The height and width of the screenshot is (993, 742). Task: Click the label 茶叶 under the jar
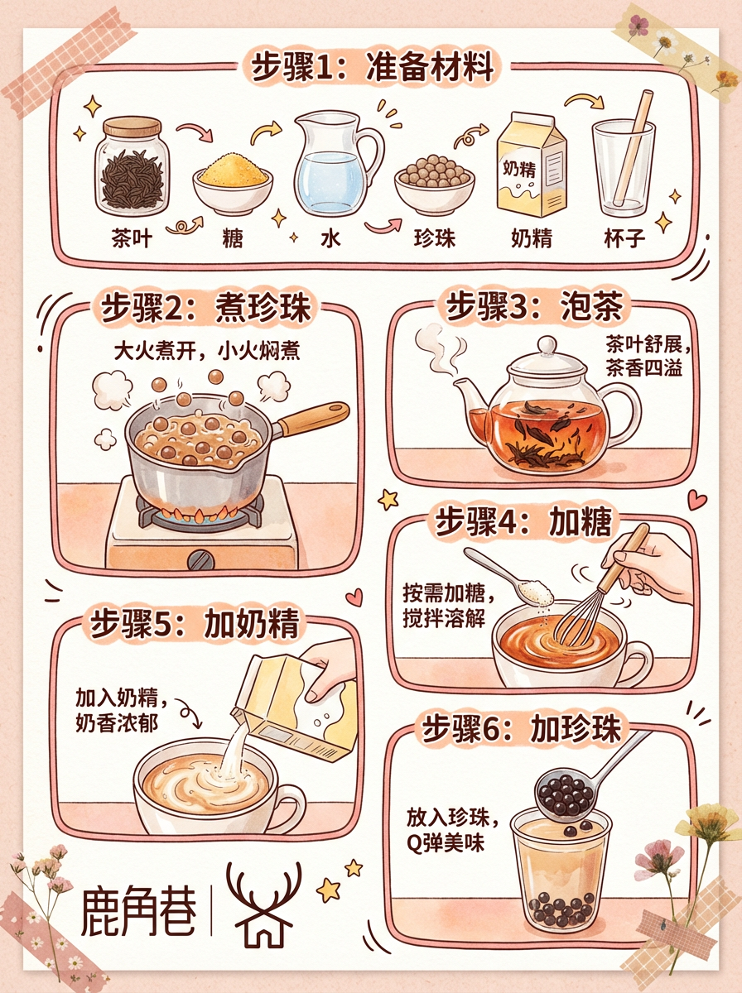coord(132,238)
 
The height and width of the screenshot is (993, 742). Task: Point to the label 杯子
coord(624,238)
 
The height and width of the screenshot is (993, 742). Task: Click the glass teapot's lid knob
coord(547,346)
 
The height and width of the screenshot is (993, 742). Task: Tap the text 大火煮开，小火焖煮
coord(207,352)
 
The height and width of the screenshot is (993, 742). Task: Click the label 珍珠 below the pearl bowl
coord(435,238)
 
